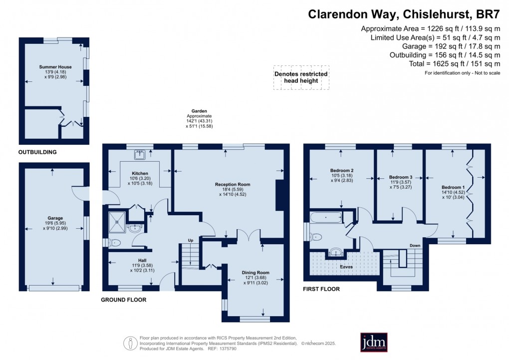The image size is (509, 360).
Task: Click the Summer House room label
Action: (x=55, y=67)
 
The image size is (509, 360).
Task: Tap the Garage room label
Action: (x=55, y=218)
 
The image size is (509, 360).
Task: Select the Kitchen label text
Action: (x=140, y=173)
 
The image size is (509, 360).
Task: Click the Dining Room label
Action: (x=255, y=272)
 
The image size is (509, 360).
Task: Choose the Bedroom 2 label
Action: (x=342, y=170)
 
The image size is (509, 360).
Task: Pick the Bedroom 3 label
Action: (x=401, y=177)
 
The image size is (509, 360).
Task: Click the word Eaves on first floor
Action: (x=346, y=267)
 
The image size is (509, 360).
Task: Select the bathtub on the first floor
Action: (x=325, y=217)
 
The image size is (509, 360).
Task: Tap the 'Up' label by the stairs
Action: (x=190, y=240)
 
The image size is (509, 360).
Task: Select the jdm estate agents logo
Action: (x=374, y=342)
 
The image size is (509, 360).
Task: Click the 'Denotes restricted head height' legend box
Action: (x=301, y=77)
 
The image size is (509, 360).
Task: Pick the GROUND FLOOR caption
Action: (x=123, y=300)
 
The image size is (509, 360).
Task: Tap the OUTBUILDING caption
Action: (x=37, y=152)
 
